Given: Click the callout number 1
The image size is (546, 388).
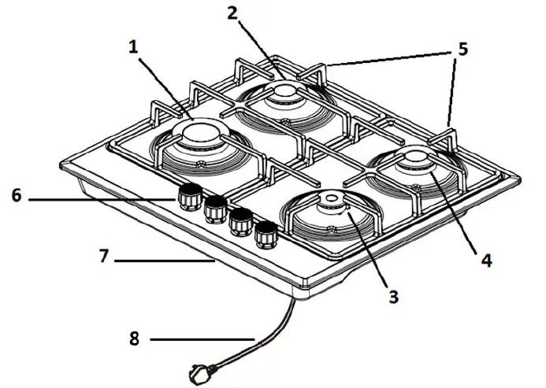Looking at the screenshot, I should (133, 47).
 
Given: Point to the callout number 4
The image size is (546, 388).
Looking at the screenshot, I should (486, 259).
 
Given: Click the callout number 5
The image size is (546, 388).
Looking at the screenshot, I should (462, 49).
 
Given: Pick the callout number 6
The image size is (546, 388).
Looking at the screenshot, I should (17, 195).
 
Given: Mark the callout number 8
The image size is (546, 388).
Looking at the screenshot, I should (136, 339).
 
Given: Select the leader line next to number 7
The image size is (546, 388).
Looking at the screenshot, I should (165, 258).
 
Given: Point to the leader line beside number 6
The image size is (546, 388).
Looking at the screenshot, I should (102, 199).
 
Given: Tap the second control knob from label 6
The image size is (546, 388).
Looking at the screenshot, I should (214, 209).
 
